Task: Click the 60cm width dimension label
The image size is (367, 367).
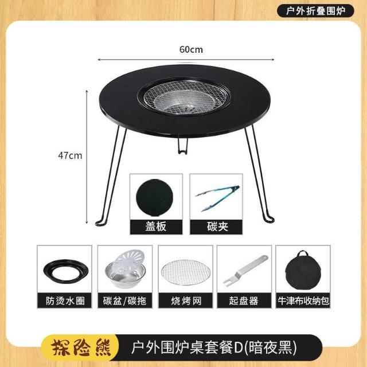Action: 191,50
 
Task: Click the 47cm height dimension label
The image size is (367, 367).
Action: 70,155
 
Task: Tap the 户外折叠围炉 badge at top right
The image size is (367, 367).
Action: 315,11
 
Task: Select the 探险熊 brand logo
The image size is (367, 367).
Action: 81,348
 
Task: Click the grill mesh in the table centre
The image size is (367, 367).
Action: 185,96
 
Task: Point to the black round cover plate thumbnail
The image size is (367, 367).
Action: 155,198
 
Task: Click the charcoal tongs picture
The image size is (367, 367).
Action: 217,198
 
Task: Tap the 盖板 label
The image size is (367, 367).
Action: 156,227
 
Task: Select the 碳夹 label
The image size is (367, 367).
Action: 217,227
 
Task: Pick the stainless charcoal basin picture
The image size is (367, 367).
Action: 125,269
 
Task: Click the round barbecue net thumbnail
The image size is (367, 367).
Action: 186,272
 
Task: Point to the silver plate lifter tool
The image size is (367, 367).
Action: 244,271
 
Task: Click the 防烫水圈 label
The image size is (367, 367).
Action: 65,300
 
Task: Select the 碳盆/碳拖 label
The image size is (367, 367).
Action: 125,300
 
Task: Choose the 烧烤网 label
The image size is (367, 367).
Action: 186,300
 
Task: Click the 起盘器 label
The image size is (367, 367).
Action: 244,300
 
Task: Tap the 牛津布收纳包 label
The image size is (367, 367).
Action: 303,300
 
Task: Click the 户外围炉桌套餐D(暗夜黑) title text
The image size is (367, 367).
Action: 214,348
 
